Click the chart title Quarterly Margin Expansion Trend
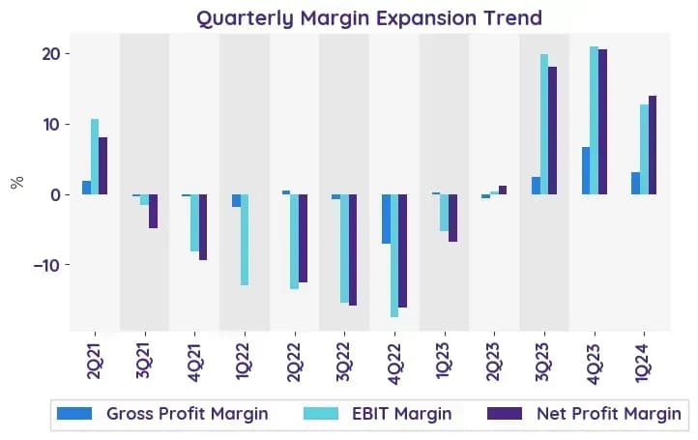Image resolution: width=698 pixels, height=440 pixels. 369,18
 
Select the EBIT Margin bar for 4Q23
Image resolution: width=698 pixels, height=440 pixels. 595,120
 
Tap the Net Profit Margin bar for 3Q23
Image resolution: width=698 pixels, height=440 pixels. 552,131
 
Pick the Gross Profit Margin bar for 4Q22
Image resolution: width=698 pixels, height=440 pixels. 386,219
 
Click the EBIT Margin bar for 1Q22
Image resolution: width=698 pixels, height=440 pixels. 245,240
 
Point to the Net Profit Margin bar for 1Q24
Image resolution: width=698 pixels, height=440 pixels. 653,145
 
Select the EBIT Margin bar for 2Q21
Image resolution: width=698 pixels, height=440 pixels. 95,157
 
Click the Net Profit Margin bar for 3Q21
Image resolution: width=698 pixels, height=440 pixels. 153,211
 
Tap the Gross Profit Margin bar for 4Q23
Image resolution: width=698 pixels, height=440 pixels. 586,170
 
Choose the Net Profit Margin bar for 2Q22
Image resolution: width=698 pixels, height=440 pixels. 303,238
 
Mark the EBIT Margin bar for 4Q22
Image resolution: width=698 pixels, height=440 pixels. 394,255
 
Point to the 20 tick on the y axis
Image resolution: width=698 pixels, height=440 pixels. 68,53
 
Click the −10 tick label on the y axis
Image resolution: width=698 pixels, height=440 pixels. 46,265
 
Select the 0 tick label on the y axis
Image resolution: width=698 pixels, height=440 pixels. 55,195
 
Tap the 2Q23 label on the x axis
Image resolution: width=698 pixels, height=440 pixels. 494,362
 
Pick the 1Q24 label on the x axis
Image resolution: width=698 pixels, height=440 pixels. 644,362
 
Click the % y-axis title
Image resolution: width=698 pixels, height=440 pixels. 16,182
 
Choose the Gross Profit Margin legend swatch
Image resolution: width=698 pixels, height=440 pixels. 74,414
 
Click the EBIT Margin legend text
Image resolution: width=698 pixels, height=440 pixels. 401,414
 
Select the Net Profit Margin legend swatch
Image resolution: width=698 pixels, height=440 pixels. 505,414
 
